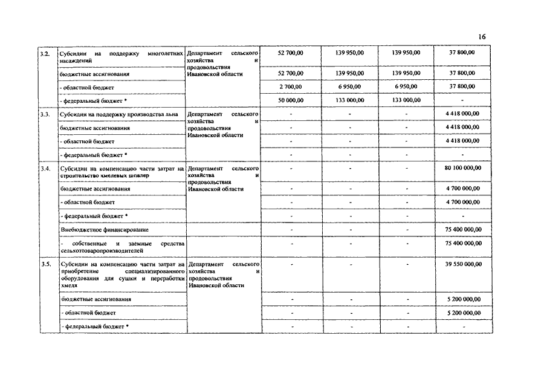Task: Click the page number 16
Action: (481, 37)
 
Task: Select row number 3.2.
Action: (44, 54)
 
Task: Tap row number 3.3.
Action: (44, 114)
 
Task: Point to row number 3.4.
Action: (44, 168)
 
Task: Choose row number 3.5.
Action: (44, 265)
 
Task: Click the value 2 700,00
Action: (290, 86)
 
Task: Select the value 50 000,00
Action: (290, 100)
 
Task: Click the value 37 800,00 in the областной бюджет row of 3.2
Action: (462, 86)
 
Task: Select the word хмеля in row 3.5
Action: (69, 286)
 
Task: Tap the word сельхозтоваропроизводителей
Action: (102, 249)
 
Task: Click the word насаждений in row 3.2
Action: (76, 61)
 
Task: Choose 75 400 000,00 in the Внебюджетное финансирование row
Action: (462, 230)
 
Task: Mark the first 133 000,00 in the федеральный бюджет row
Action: (350, 100)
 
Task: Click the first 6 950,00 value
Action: (350, 86)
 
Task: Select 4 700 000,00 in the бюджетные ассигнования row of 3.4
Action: (462, 189)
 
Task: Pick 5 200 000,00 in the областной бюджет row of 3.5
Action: (462, 313)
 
